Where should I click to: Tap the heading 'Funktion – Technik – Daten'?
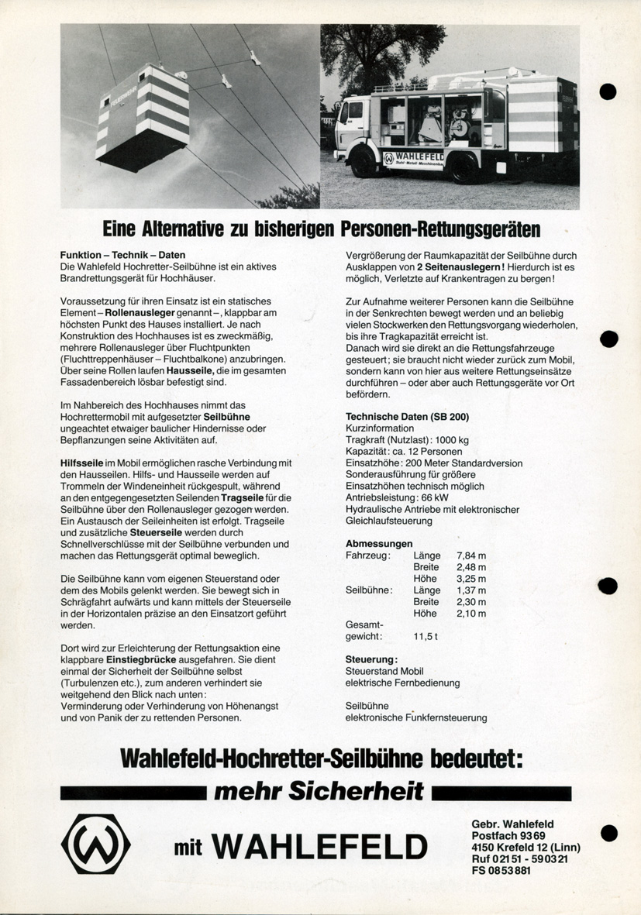point(122,255)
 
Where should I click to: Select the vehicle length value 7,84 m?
point(471,556)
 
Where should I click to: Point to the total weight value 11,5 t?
point(426,636)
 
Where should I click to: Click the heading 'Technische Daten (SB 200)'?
point(407,417)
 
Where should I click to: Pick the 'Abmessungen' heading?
point(379,543)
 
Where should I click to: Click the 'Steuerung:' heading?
point(371,659)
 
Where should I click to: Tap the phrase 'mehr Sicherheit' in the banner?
point(319,791)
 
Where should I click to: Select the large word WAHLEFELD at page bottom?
point(320,847)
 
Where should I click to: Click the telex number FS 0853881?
point(501,870)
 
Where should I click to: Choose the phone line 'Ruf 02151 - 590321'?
point(525,858)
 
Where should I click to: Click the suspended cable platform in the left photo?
point(143,114)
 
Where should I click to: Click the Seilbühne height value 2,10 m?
point(471,614)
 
